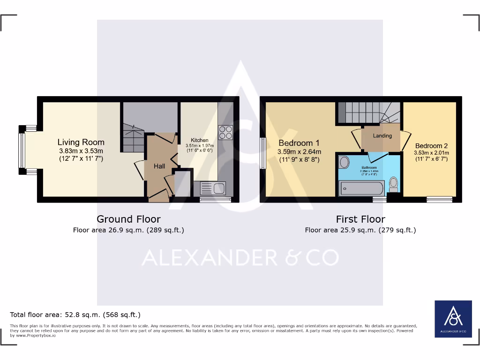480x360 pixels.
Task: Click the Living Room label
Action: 81,142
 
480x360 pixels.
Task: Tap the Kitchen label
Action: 199,140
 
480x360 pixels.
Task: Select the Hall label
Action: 159,166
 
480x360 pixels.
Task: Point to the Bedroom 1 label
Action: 299,143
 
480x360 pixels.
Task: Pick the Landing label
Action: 382,135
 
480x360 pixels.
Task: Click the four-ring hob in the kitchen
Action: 225,132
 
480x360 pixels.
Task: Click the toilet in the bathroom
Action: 394,183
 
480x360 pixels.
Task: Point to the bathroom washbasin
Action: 344,162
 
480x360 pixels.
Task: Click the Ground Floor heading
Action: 128,219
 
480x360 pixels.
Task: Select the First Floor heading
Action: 360,219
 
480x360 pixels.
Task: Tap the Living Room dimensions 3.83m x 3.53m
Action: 81,151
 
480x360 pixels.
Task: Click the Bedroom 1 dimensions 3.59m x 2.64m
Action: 299,152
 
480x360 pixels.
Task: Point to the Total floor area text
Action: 75,315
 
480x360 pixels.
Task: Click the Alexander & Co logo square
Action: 453,319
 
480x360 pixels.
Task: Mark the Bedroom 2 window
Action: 440,200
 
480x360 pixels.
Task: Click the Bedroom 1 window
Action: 262,153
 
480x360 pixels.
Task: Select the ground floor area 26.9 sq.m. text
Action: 128,230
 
